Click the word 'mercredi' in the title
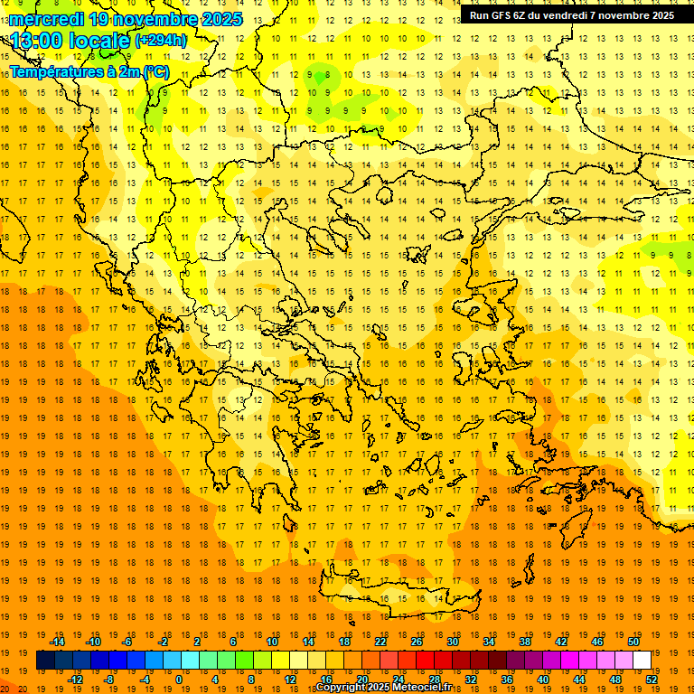(46, 19)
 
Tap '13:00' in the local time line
(35, 40)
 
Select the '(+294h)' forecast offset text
(161, 40)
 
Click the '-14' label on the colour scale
(58, 642)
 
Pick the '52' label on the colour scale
(652, 680)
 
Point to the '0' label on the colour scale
(179, 680)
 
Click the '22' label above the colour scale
(380, 642)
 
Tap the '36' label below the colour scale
(507, 680)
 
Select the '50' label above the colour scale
(633, 642)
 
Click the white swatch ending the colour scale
(642, 661)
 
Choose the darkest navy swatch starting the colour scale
(45, 661)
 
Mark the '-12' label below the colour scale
(76, 680)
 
